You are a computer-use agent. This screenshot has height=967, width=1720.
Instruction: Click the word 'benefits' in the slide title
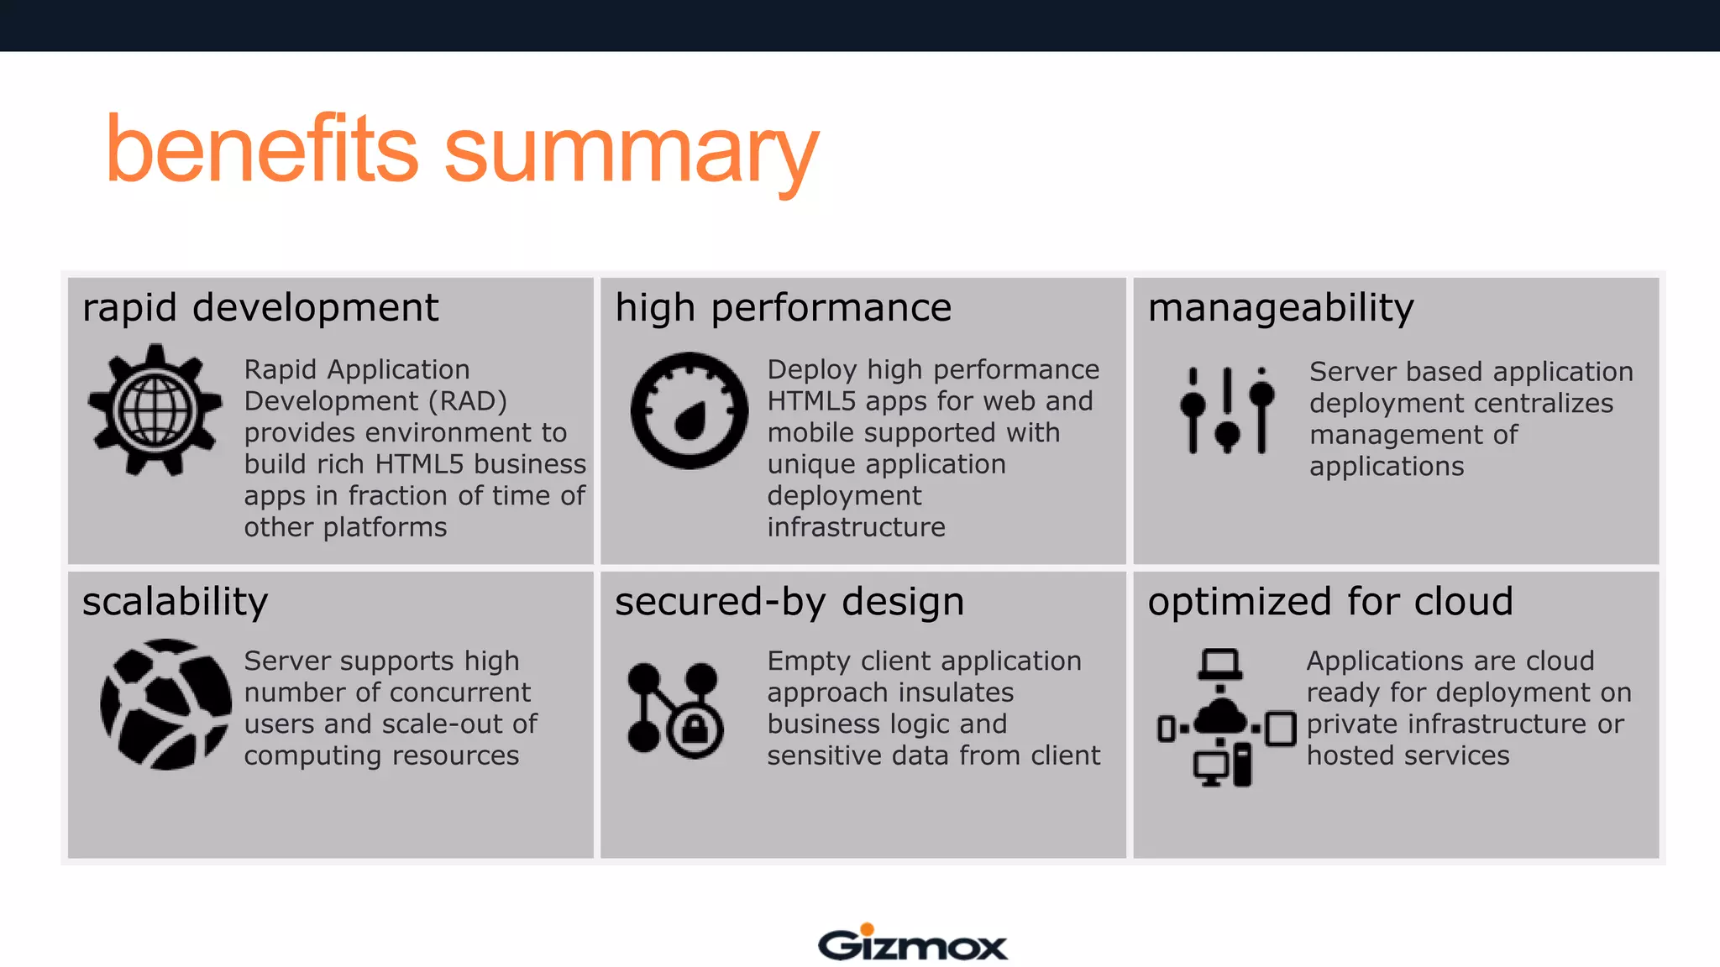pyautogui.click(x=261, y=149)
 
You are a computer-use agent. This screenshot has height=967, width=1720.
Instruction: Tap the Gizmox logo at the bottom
pyautogui.click(x=912, y=943)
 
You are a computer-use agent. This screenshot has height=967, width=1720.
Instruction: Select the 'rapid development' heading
pyautogui.click(x=260, y=308)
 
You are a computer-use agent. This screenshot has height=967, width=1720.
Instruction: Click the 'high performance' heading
pyautogui.click(x=783, y=308)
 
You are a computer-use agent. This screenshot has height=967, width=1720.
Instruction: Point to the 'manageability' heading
pyautogui.click(x=1281, y=308)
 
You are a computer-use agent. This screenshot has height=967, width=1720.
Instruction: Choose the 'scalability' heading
pyautogui.click(x=175, y=602)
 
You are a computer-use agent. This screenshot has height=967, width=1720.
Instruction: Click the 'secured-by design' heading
pyautogui.click(x=789, y=602)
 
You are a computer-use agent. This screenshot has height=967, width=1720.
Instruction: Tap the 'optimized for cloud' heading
pyautogui.click(x=1330, y=602)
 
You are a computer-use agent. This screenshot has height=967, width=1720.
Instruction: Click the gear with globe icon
pyautogui.click(x=155, y=410)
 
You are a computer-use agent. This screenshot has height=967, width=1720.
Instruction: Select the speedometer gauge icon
pyautogui.click(x=690, y=410)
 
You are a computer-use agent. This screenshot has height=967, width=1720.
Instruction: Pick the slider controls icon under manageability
pyautogui.click(x=1227, y=410)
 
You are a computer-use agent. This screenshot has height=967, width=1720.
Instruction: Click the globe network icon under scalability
pyautogui.click(x=165, y=705)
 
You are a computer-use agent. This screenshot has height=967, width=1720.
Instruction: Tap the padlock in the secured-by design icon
pyautogui.click(x=695, y=729)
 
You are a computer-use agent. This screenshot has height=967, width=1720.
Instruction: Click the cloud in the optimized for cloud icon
pyautogui.click(x=1220, y=718)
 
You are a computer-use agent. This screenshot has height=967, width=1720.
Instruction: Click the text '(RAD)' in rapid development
pyautogui.click(x=468, y=402)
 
